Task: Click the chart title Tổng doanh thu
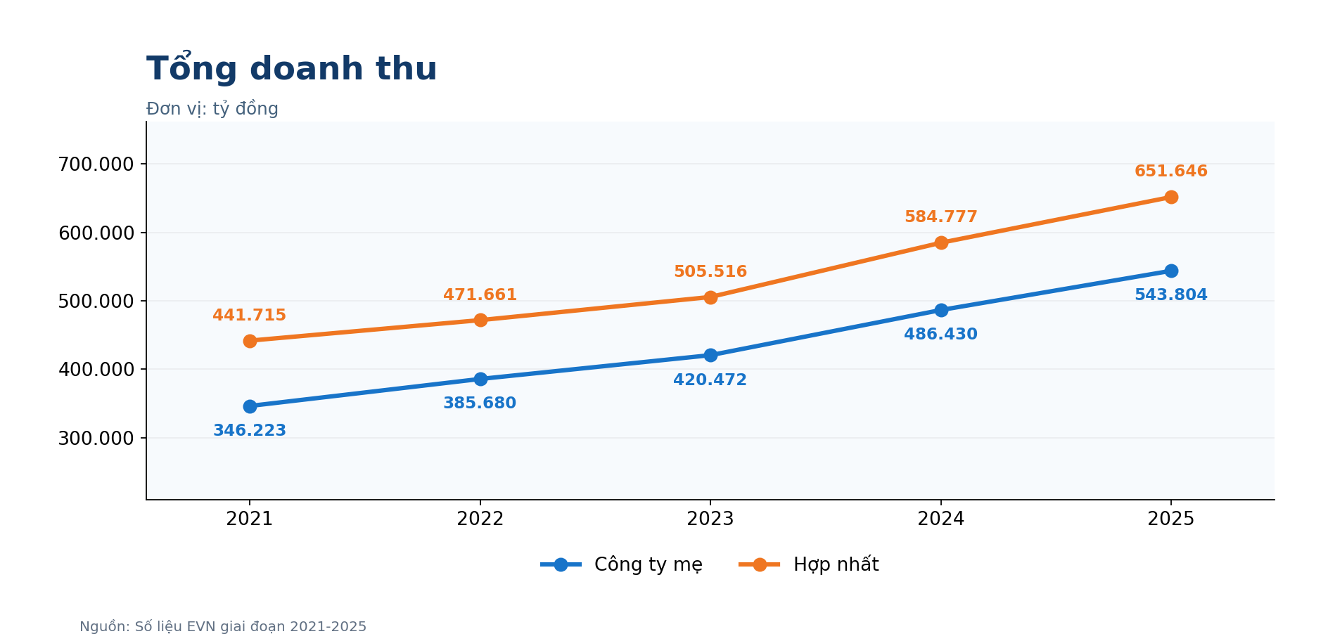pyautogui.click(x=291, y=68)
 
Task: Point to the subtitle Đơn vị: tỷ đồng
pyautogui.click(x=212, y=109)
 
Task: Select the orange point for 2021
pyautogui.click(x=250, y=341)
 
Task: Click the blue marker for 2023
pyautogui.click(x=710, y=356)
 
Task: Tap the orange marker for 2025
pyautogui.click(x=1171, y=198)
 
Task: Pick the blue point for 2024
pyautogui.click(x=941, y=310)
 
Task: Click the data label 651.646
pyautogui.click(x=1171, y=171)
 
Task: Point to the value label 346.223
pyautogui.click(x=250, y=431)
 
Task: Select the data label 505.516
pyautogui.click(x=710, y=272)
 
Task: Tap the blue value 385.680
pyautogui.click(x=480, y=403)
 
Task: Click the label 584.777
pyautogui.click(x=941, y=217)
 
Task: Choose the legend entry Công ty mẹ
pyautogui.click(x=622, y=564)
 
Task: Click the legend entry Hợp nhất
pyautogui.click(x=809, y=564)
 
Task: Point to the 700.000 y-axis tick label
pyautogui.click(x=96, y=164)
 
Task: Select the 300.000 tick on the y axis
pyautogui.click(x=96, y=439)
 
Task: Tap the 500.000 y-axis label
pyautogui.click(x=96, y=302)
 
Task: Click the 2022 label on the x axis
pyautogui.click(x=480, y=519)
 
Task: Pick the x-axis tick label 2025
pyautogui.click(x=1171, y=519)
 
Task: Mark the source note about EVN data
pyautogui.click(x=223, y=627)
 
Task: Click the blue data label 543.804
pyautogui.click(x=1171, y=295)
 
